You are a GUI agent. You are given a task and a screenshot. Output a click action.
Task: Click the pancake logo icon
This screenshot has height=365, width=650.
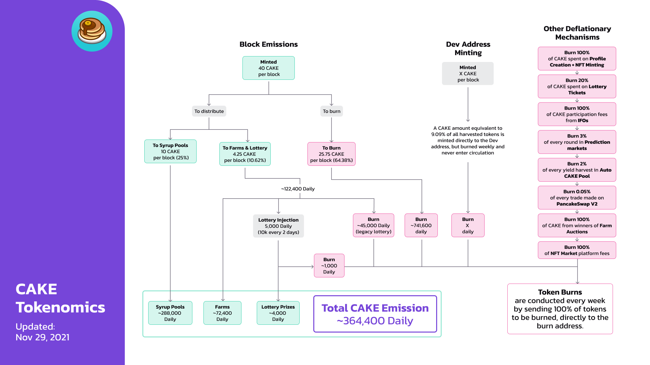pyautogui.click(x=92, y=31)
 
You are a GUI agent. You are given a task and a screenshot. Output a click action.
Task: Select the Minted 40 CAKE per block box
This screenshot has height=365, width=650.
pyautogui.click(x=268, y=68)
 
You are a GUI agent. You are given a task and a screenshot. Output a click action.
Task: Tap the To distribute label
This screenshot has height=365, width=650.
pyautogui.click(x=209, y=111)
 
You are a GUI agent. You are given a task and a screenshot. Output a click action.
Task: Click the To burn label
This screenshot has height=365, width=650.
pyautogui.click(x=331, y=111)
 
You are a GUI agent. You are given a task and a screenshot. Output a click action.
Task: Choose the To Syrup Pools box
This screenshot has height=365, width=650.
pyautogui.click(x=170, y=152)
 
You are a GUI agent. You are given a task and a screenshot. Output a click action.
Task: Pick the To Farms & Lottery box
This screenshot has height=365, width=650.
pyautogui.click(x=245, y=154)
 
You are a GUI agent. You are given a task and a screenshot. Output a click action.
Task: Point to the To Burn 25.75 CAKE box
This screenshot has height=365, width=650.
pyautogui.click(x=331, y=154)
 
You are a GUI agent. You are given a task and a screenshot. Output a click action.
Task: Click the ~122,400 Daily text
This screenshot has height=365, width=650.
pyautogui.click(x=298, y=189)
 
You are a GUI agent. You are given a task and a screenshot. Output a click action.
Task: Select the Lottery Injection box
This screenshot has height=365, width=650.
pyautogui.click(x=278, y=226)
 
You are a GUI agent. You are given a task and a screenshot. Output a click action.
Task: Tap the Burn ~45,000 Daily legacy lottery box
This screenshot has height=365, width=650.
pyautogui.click(x=373, y=225)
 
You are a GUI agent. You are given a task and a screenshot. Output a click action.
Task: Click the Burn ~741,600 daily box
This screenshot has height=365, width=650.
pyautogui.click(x=421, y=225)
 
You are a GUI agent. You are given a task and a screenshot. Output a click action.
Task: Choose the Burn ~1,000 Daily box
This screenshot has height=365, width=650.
pyautogui.click(x=329, y=266)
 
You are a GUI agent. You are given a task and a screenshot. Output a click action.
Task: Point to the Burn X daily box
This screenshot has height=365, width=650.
pyautogui.click(x=468, y=225)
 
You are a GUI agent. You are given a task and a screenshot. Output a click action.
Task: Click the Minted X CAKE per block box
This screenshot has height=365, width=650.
pyautogui.click(x=468, y=74)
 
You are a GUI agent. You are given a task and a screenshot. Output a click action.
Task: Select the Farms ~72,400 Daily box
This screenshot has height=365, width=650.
pyautogui.click(x=222, y=313)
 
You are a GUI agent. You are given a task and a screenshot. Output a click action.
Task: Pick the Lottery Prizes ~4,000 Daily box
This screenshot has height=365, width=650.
pyautogui.click(x=278, y=313)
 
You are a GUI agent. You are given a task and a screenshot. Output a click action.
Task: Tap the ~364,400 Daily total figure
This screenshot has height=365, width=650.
pyautogui.click(x=375, y=321)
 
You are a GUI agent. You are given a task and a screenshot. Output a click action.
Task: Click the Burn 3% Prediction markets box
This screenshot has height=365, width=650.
pyautogui.click(x=577, y=142)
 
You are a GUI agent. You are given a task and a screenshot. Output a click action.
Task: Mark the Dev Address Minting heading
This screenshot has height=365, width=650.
pyautogui.click(x=468, y=48)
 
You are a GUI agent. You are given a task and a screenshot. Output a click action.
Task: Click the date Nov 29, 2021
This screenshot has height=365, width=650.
pyautogui.click(x=43, y=337)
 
